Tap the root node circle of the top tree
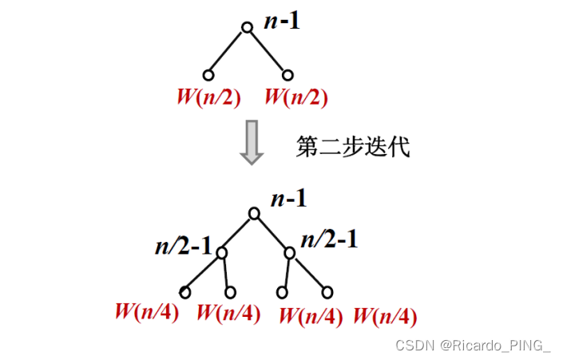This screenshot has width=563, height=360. coord(247,27)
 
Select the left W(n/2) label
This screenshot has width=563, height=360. coord(208,97)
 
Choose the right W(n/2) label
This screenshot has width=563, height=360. coord(295,97)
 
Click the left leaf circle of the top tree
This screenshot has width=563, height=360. coord(208,76)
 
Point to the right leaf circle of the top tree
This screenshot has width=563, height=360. coord(287,76)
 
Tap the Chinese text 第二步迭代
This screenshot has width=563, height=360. coord(352,147)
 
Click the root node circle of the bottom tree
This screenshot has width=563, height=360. coord(254,213)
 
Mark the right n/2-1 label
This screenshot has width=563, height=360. coord(328,239)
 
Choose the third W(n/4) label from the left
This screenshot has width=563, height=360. coord(311,315)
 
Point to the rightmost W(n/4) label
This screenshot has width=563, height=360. coord(384,316)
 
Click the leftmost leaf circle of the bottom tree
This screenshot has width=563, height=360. coord(185,292)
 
